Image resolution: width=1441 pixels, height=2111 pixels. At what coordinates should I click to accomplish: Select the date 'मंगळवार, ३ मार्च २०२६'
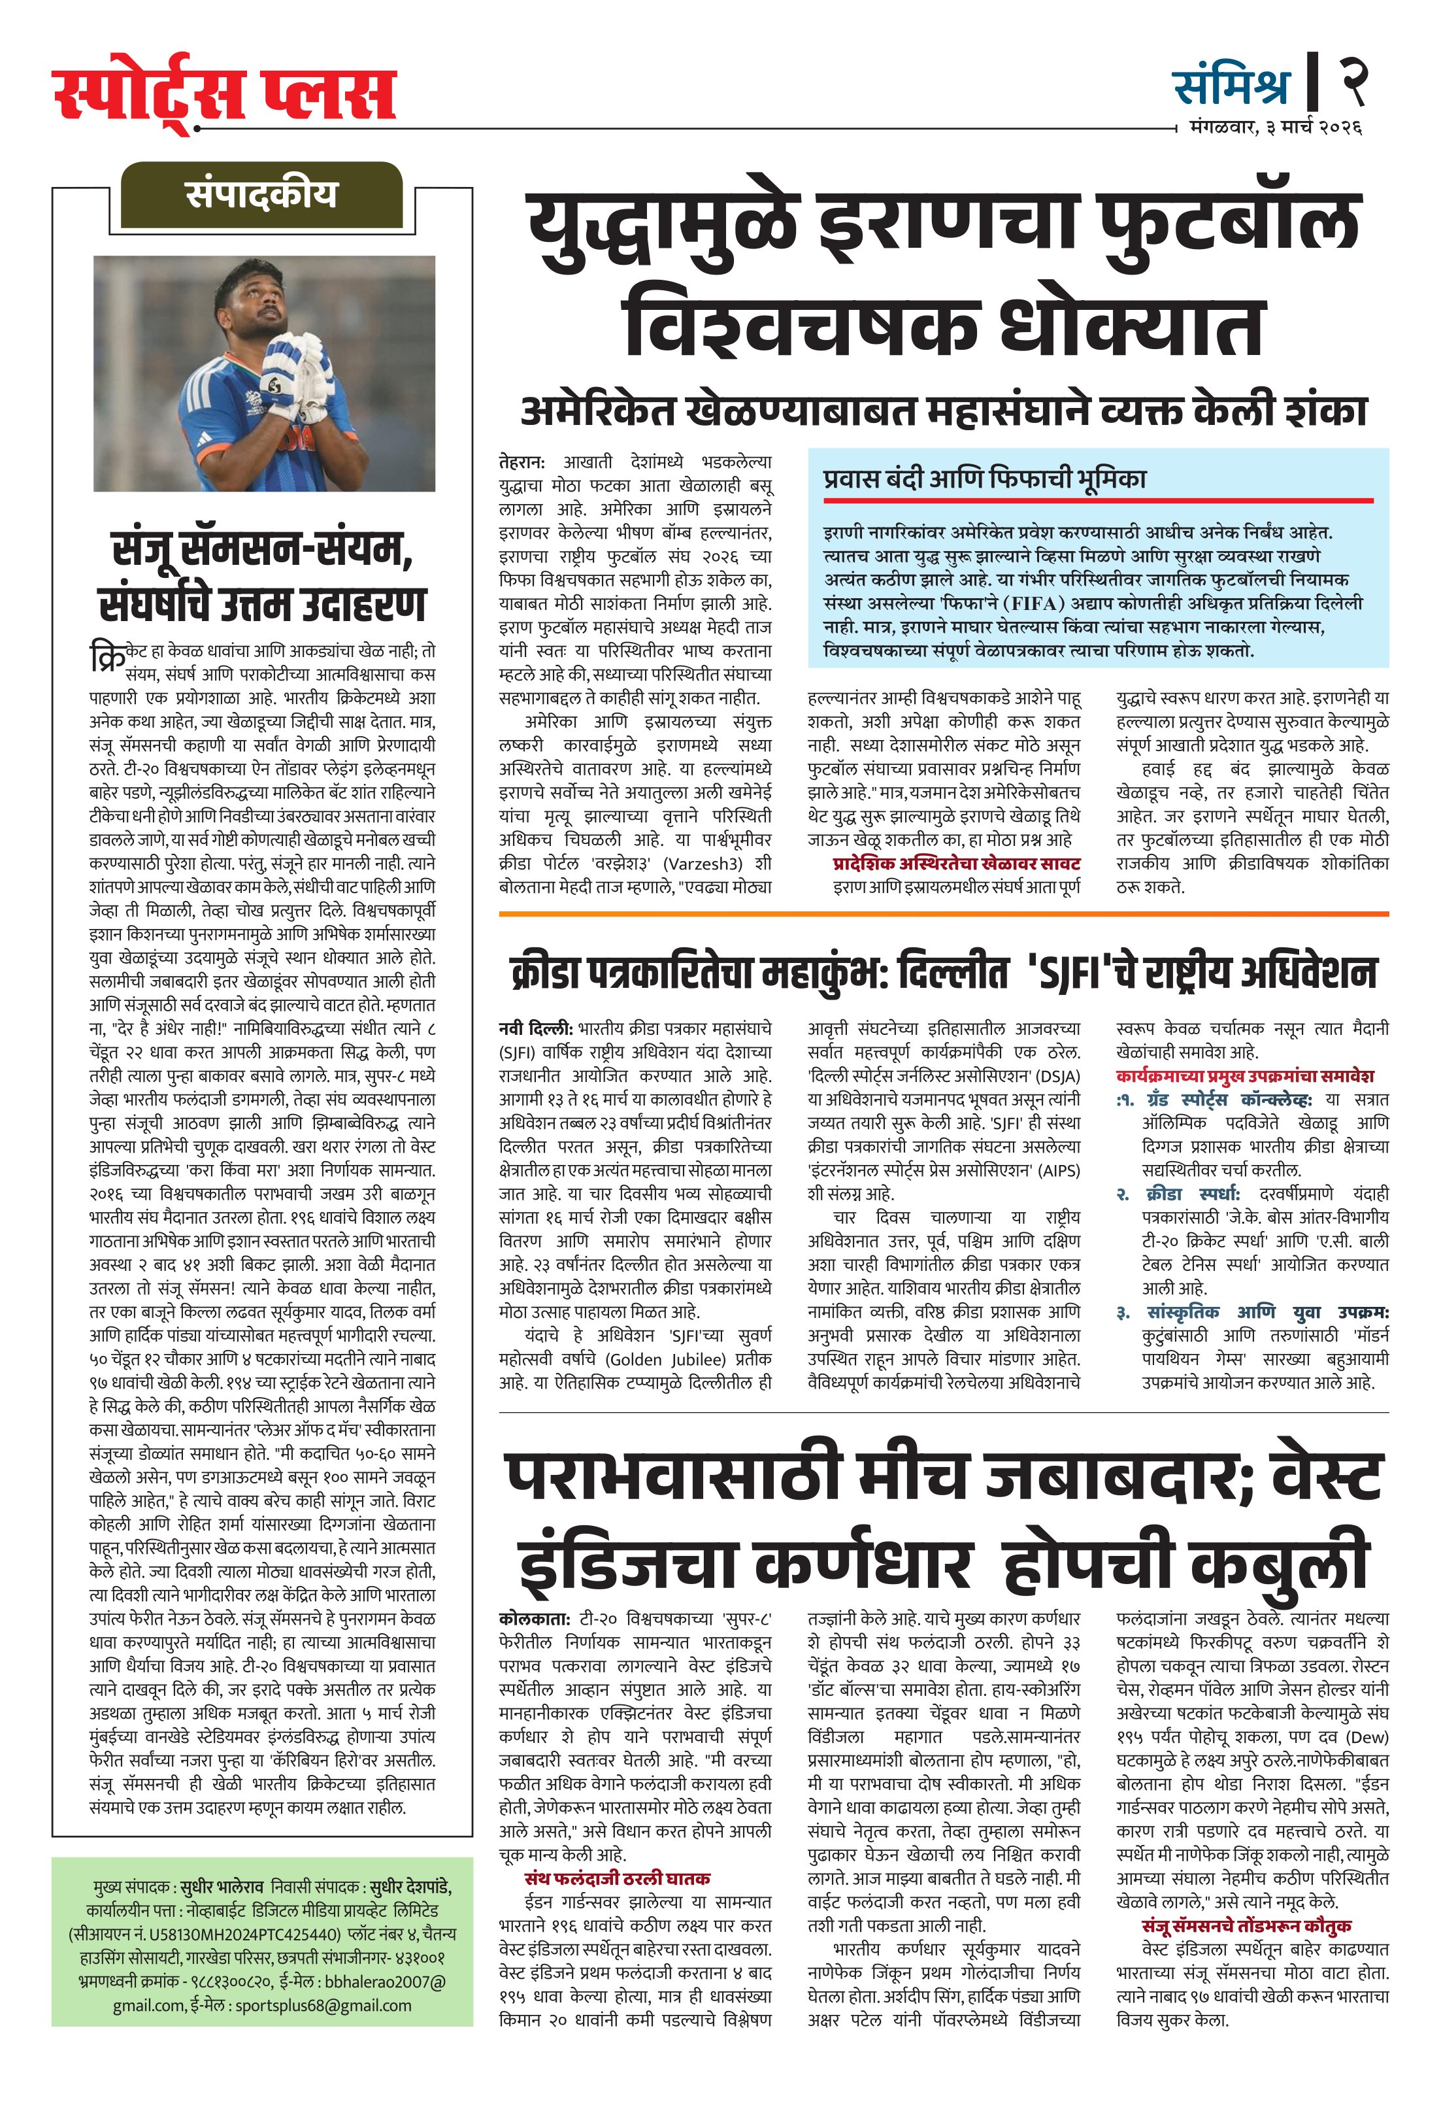pos(1275,128)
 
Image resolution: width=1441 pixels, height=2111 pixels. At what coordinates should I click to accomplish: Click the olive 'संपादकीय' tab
pos(261,194)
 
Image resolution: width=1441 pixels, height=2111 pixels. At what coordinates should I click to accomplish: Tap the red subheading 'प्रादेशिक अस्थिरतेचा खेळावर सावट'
pos(956,863)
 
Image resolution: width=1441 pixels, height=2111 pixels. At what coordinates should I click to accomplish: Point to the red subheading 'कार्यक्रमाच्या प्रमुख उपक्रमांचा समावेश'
pos(1244,1076)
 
